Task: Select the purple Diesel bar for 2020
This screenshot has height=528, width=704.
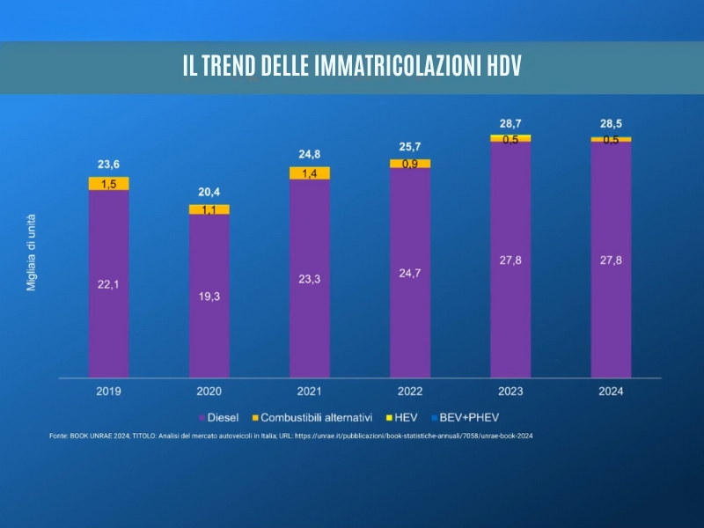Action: pos(209,296)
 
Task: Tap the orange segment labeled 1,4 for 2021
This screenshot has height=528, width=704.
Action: pos(310,173)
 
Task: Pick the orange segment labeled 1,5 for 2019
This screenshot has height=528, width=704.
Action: pos(108,183)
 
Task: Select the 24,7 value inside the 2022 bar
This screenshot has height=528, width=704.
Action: pos(410,274)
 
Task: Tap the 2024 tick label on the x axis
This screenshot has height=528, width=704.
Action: pos(610,391)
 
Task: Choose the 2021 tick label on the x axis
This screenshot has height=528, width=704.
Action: pos(309,391)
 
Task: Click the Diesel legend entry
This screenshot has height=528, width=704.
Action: pos(226,416)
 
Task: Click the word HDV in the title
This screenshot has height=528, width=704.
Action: pos(503,67)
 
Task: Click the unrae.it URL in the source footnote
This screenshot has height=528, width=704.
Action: pos(414,436)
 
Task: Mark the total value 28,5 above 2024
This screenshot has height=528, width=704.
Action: pos(611,123)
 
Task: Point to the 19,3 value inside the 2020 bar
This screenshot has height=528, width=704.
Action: pos(209,297)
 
